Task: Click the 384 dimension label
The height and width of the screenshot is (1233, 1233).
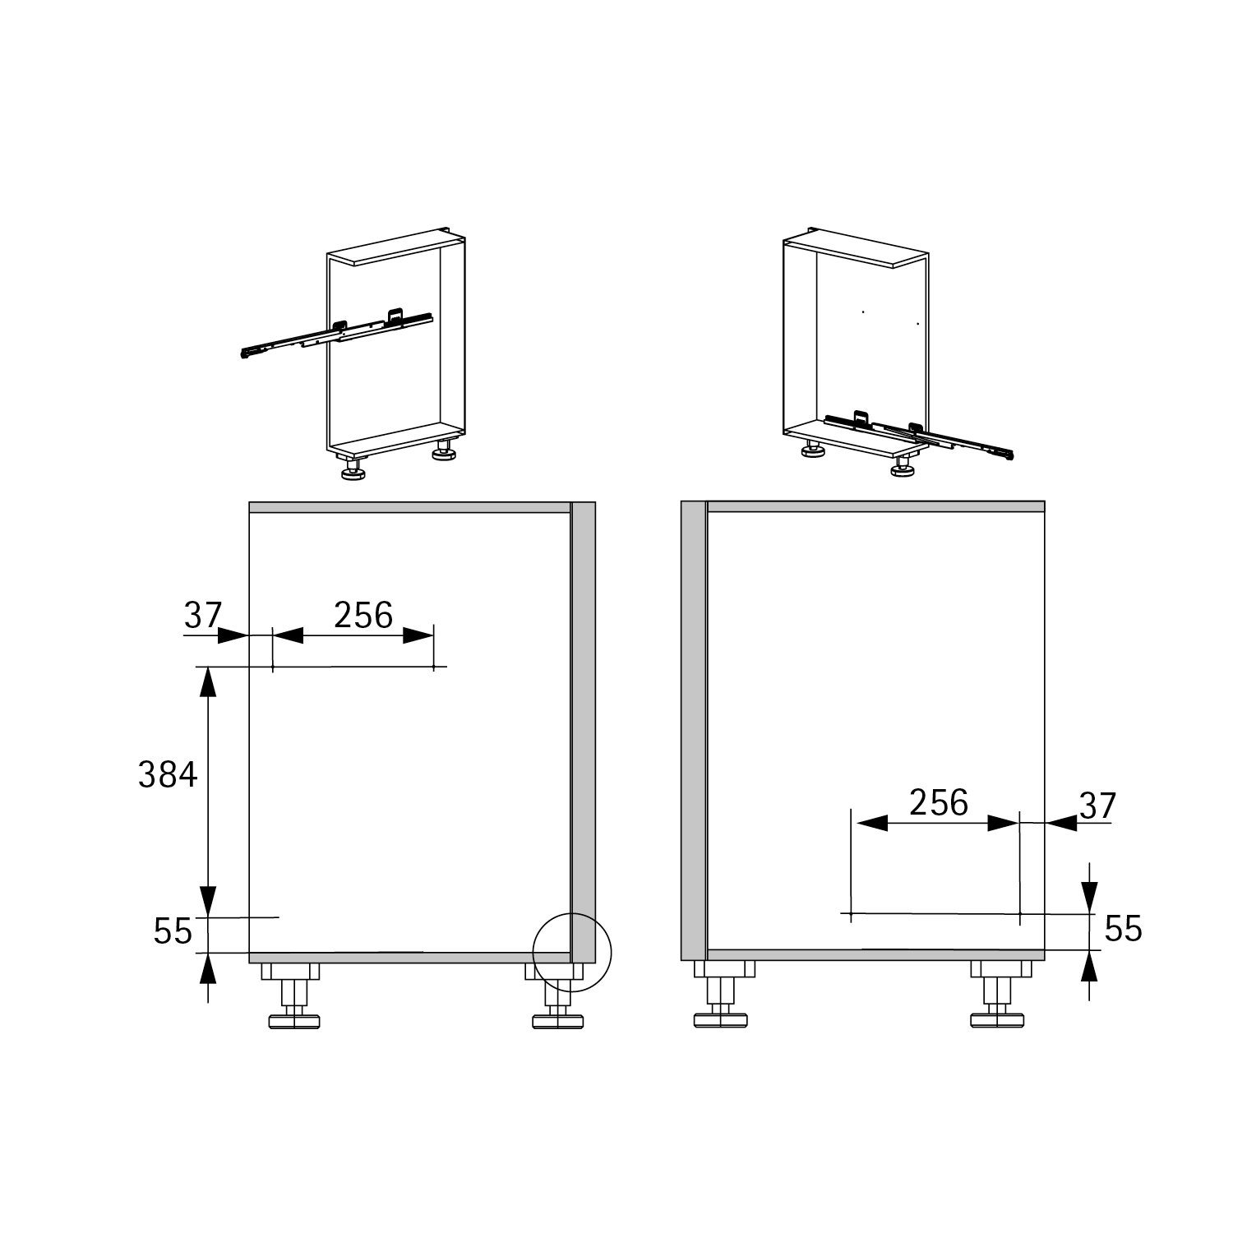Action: [x=168, y=774]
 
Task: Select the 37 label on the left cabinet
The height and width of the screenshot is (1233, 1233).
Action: [x=203, y=615]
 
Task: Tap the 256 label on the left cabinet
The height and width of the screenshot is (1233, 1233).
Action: [x=363, y=615]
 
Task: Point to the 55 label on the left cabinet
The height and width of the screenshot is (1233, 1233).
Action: [x=173, y=931]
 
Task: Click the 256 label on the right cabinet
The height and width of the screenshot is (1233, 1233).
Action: [x=939, y=802]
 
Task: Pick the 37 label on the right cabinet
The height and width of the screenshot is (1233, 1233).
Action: [x=1098, y=806]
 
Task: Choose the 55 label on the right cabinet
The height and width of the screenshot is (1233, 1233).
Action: [x=1123, y=929]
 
